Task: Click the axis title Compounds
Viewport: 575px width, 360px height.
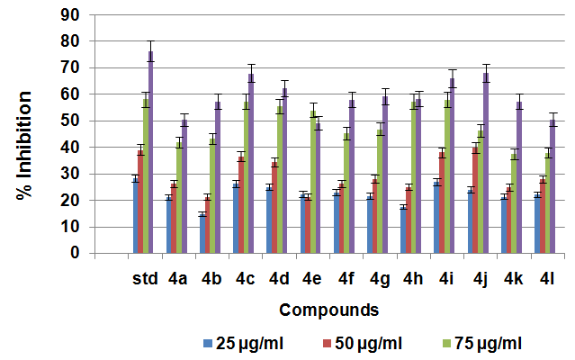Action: tap(328, 310)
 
